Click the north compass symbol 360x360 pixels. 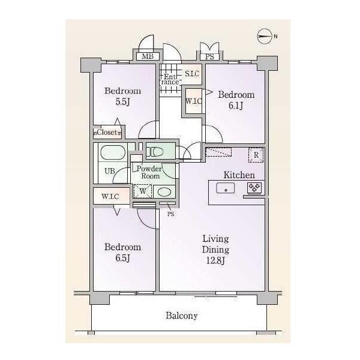point(264,36)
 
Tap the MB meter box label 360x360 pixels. point(148,56)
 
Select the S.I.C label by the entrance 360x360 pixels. point(192,74)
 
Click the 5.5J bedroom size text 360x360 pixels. point(123,102)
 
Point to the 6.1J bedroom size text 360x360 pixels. point(236,106)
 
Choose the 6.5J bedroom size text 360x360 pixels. point(123,258)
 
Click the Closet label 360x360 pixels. point(107,132)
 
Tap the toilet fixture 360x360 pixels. point(155,152)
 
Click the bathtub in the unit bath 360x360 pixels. point(113,152)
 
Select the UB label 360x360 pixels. point(110,171)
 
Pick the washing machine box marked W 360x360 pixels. point(143,191)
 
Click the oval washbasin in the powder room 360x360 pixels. point(164,192)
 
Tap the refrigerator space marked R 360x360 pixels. point(256,155)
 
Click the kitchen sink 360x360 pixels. point(226,188)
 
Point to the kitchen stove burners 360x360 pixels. point(254,187)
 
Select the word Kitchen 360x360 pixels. point(239,175)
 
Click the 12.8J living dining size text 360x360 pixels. point(215,260)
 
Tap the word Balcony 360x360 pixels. point(182,316)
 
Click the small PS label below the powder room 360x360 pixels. point(171,214)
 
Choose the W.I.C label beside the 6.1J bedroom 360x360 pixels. point(194,101)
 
